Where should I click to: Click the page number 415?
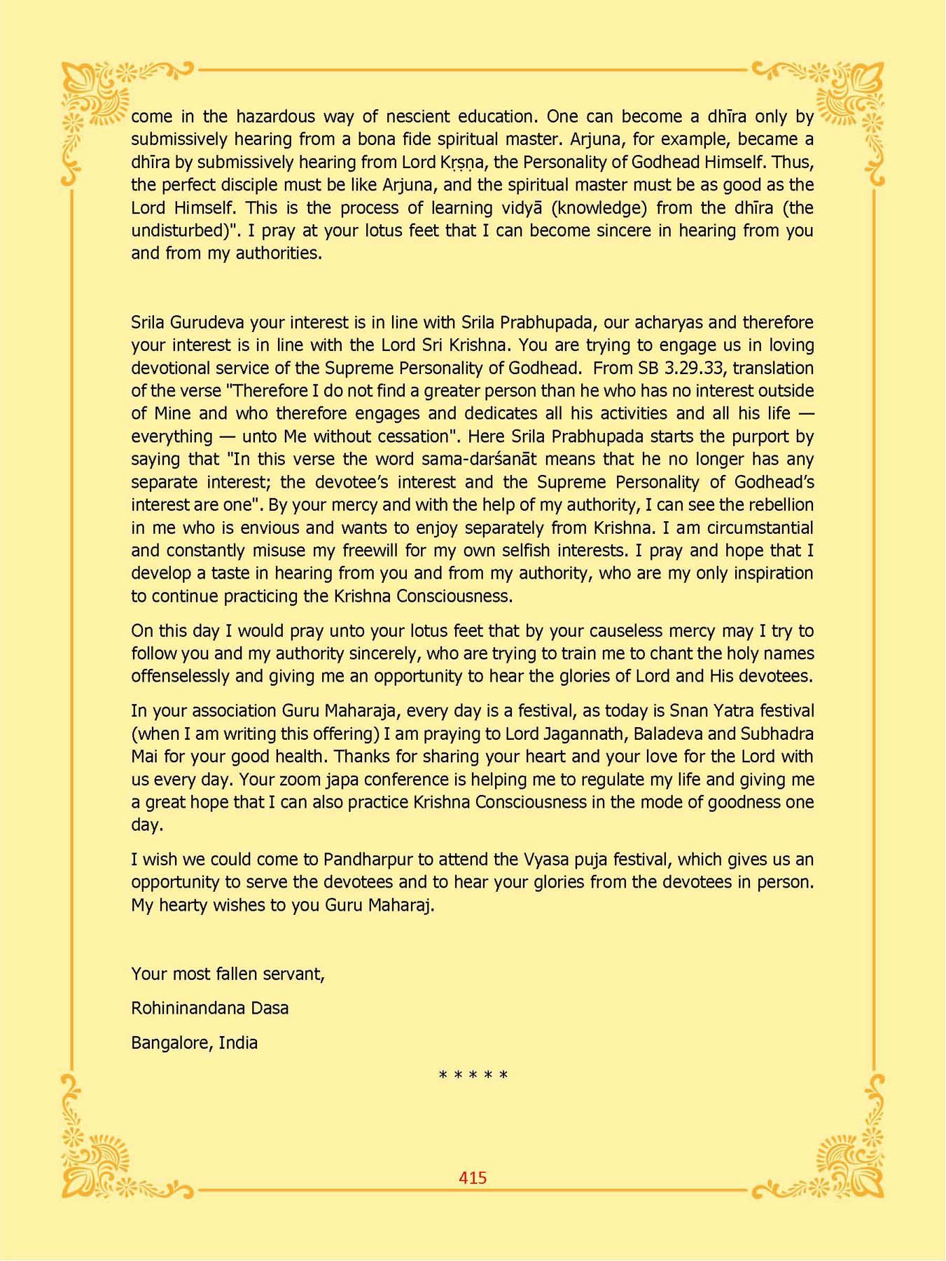tap(473, 1178)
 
